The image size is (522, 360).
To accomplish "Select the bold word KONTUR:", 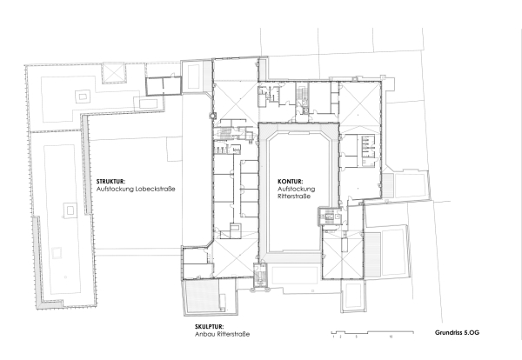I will [291, 182].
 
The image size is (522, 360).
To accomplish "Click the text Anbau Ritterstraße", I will [217, 333].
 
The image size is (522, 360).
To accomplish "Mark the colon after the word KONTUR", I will [304, 182].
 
